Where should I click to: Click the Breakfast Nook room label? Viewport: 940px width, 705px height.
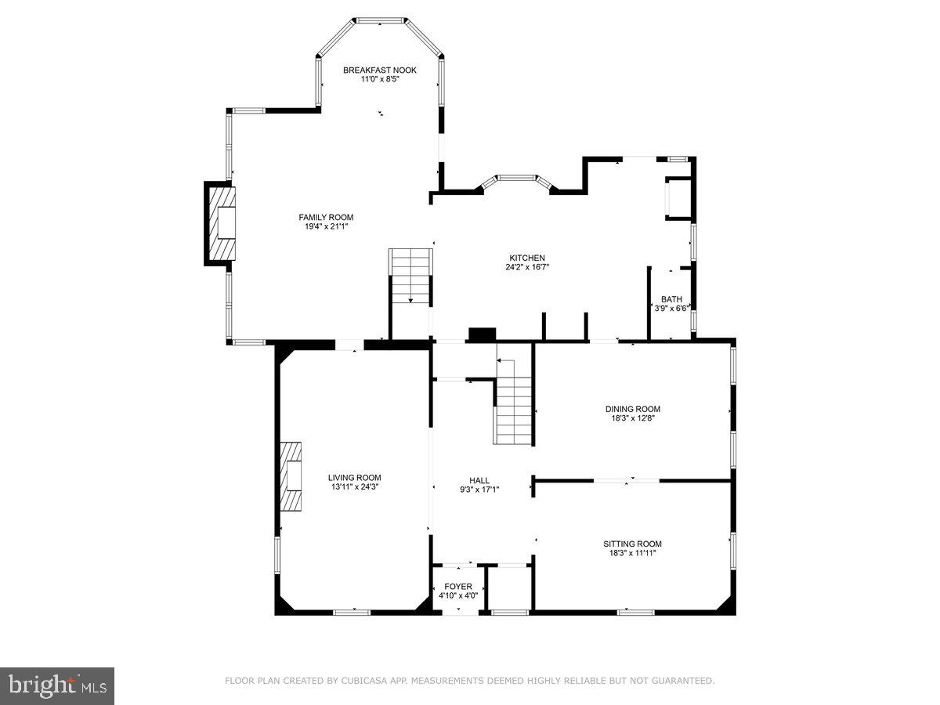click(x=380, y=70)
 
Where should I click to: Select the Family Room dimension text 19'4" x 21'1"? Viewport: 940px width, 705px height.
click(x=326, y=227)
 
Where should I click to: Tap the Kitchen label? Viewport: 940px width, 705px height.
click(x=527, y=258)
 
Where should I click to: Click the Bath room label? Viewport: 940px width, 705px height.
click(x=671, y=298)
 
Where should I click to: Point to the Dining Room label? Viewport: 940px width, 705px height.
click(x=632, y=409)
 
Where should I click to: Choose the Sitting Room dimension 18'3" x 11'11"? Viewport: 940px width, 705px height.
click(x=632, y=553)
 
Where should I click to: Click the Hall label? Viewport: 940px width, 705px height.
click(x=479, y=480)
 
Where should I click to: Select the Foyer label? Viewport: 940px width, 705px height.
click(x=458, y=586)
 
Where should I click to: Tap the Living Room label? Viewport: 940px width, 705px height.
click(x=354, y=477)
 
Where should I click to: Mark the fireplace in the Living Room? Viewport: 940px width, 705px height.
click(x=291, y=475)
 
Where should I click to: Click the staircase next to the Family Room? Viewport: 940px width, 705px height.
click(x=410, y=276)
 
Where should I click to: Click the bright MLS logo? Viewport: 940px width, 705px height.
click(x=57, y=686)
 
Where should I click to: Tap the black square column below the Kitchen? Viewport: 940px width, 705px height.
click(x=482, y=334)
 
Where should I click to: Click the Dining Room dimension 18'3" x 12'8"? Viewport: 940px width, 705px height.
click(x=632, y=418)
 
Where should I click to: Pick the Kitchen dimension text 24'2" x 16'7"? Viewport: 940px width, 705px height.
click(x=527, y=267)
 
